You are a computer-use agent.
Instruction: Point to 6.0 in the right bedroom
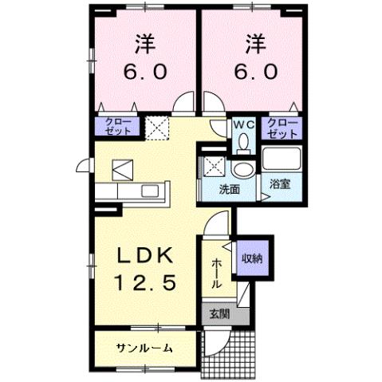tap(255, 71)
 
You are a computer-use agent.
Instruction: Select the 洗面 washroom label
tap(230, 190)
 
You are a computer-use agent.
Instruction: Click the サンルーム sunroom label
tap(144, 349)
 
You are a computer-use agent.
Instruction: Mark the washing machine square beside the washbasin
tap(215, 166)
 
